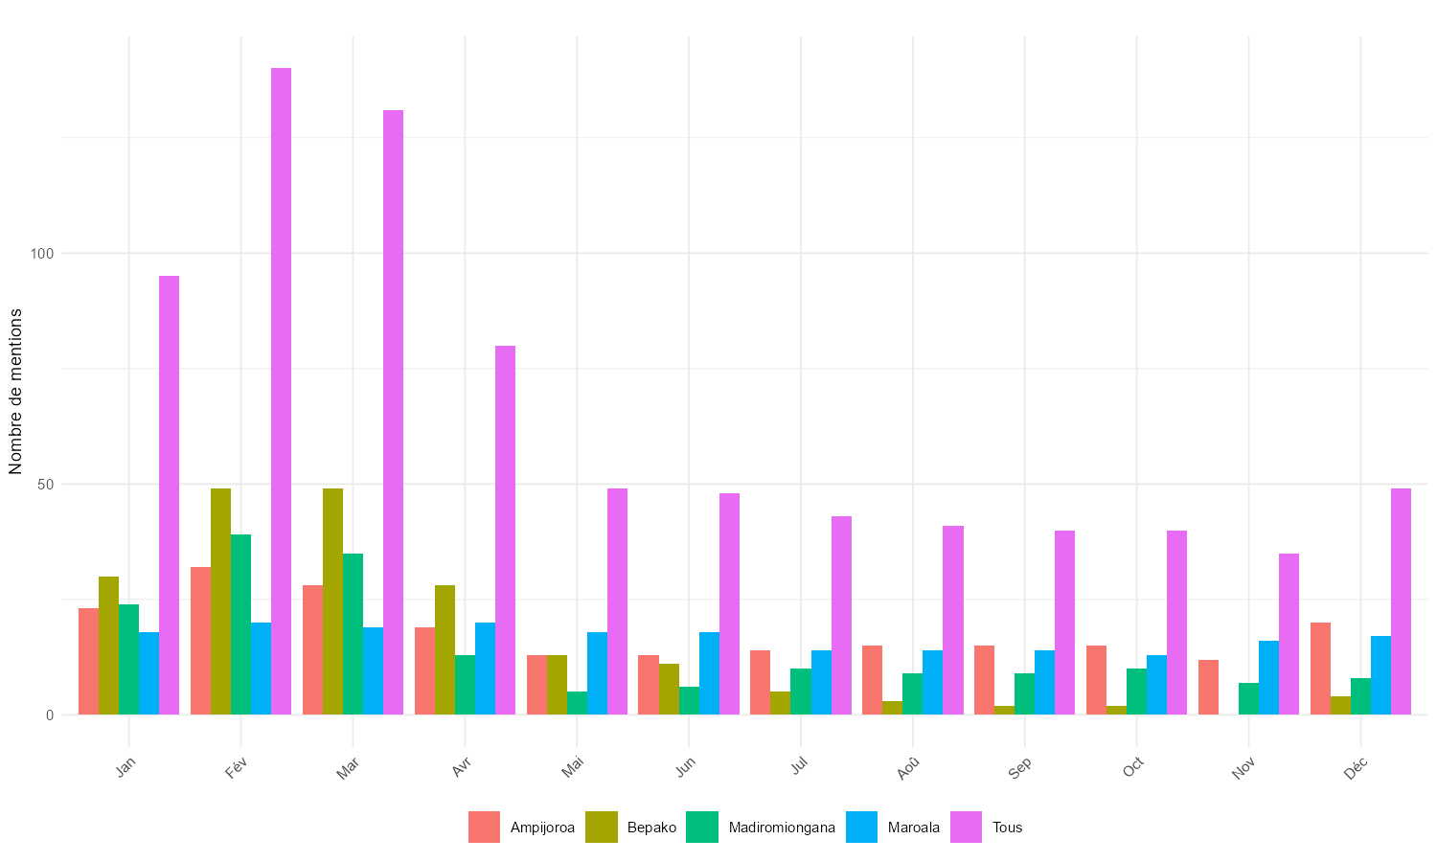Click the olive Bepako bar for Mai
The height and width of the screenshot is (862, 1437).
[557, 685]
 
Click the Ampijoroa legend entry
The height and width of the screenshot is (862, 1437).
[522, 828]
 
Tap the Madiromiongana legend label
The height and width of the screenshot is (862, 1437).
[782, 828]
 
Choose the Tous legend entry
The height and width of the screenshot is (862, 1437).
[987, 828]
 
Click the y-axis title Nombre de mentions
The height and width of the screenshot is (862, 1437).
[15, 391]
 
